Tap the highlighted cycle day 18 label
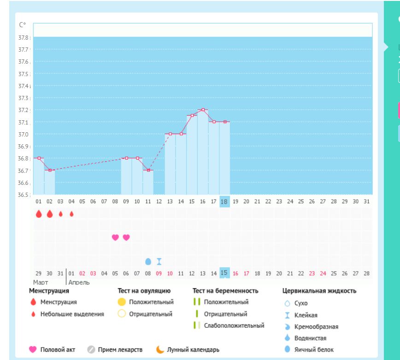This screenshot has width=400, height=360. pyautogui.click(x=224, y=201)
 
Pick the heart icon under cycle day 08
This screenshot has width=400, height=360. pyautogui.click(x=115, y=237)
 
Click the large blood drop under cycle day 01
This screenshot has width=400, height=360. pyautogui.click(x=39, y=214)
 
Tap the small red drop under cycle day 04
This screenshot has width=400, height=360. pyautogui.click(x=71, y=214)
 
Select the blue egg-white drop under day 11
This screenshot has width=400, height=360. pyautogui.click(x=148, y=261)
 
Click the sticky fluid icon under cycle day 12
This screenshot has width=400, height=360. pyautogui.click(x=159, y=261)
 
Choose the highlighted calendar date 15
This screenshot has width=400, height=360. pyautogui.click(x=224, y=273)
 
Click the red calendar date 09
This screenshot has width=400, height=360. pyautogui.click(x=159, y=273)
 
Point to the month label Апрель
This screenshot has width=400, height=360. pyautogui.click(x=79, y=282)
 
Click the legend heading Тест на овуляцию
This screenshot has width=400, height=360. pyautogui.click(x=144, y=291)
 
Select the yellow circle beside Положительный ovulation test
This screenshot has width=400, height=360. pyautogui.click(x=122, y=302)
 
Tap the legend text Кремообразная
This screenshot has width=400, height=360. pyautogui.click(x=316, y=327)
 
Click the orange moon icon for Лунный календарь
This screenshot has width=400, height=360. pyautogui.click(x=160, y=349)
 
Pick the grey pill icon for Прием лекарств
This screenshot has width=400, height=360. pyautogui.click(x=91, y=349)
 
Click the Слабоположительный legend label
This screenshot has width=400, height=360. pyautogui.click(x=234, y=325)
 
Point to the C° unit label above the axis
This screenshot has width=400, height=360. pyautogui.click(x=23, y=25)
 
